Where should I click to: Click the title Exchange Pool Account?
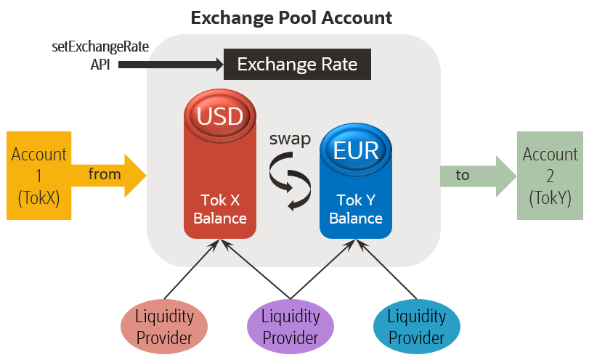pyautogui.click(x=291, y=17)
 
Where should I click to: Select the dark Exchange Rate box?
pyautogui.click(x=297, y=65)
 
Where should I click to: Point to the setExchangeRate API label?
pyautogui.click(x=100, y=56)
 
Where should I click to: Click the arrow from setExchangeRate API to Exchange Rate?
pyautogui.click(x=171, y=65)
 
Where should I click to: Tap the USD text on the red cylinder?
pyautogui.click(x=220, y=116)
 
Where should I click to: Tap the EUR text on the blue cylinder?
pyautogui.click(x=356, y=150)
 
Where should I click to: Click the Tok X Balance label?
pyautogui.click(x=219, y=209)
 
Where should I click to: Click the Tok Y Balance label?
pyautogui.click(x=356, y=209)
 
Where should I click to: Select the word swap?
pyautogui.click(x=289, y=139)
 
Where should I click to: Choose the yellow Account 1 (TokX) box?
pyautogui.click(x=38, y=175)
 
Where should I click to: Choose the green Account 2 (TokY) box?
pyautogui.click(x=550, y=175)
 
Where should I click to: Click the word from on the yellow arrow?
pyautogui.click(x=105, y=174)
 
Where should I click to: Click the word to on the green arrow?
pyautogui.click(x=463, y=175)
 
